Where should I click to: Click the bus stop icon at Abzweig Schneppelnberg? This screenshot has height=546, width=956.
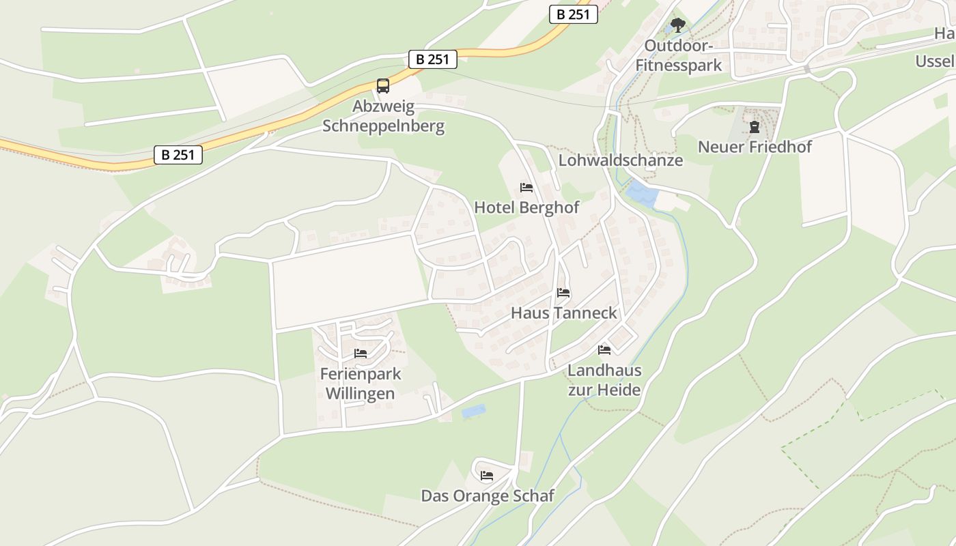383,86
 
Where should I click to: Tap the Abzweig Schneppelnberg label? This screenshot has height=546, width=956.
383,117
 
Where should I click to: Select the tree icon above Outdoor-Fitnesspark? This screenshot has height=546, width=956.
677,26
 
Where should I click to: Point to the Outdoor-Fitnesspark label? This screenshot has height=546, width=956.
679,55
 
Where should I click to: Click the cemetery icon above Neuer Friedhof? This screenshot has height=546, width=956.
755,127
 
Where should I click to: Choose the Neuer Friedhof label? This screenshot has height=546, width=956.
755,147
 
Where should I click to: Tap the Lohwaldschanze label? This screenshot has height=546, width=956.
621,160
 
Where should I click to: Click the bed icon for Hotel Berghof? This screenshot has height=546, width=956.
526,187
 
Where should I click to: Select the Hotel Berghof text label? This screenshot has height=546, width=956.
526,207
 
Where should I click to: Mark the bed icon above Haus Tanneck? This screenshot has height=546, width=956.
563,293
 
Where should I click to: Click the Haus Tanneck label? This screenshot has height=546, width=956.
564,313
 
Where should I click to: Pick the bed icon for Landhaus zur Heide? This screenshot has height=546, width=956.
604,350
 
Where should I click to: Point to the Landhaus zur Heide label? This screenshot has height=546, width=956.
604,380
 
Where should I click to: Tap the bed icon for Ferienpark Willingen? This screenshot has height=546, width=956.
361,354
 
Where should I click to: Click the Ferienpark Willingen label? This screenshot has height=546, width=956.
361,384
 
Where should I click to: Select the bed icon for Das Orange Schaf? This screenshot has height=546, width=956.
487,475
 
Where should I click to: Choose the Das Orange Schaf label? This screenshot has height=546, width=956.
488,496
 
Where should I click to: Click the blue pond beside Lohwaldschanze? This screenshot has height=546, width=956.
643,195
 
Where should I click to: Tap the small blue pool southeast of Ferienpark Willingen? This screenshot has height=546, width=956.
473,412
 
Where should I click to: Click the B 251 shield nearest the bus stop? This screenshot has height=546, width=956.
433,59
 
